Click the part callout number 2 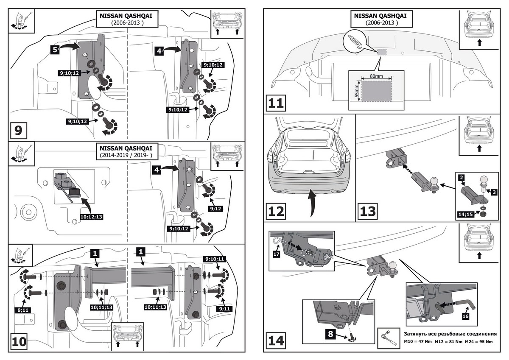pos(461,176)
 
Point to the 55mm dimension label pos(357,90)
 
